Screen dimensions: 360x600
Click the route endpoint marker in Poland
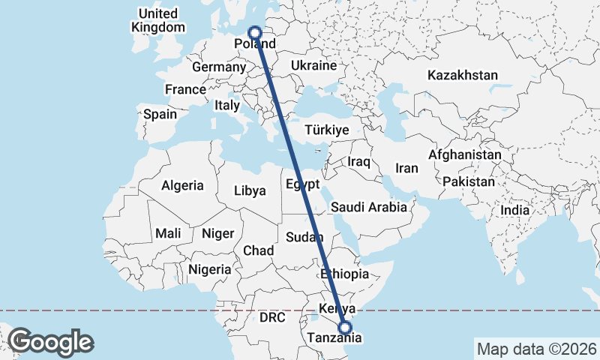(x=254, y=32)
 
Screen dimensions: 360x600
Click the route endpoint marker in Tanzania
(x=344, y=327)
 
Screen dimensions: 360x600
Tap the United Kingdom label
(x=158, y=20)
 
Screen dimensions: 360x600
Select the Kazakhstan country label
(x=463, y=75)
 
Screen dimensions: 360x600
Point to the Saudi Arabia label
(x=369, y=206)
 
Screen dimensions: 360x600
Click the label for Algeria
(x=182, y=184)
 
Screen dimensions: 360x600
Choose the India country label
(x=515, y=210)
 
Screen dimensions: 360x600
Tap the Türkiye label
(x=326, y=130)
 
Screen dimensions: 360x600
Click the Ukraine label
(x=313, y=65)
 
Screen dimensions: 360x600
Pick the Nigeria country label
(x=209, y=268)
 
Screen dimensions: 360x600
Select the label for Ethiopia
(x=344, y=274)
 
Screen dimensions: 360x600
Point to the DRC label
(x=272, y=317)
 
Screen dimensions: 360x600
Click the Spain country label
(x=160, y=114)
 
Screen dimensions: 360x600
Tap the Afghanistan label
(x=465, y=154)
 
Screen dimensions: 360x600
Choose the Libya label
(x=250, y=190)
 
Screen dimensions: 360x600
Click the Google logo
(x=51, y=341)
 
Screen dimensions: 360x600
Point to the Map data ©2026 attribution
(x=537, y=349)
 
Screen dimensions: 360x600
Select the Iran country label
(x=407, y=168)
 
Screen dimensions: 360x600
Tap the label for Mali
(x=168, y=233)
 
